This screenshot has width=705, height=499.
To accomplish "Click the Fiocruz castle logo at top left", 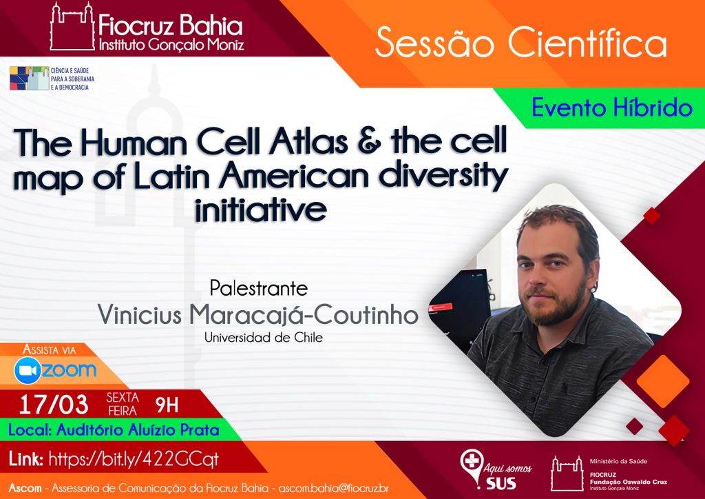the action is (x=72, y=26).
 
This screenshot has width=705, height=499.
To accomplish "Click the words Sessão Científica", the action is (x=520, y=43).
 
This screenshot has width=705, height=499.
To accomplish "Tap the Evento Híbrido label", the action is (x=612, y=108).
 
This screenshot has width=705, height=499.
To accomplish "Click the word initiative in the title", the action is (x=261, y=209).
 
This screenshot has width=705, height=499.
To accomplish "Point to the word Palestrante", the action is (x=259, y=288).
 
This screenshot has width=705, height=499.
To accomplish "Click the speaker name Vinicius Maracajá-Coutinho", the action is (x=258, y=314).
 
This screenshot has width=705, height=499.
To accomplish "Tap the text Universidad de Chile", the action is (x=264, y=338).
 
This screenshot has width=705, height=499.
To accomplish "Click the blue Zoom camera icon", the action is (x=28, y=370).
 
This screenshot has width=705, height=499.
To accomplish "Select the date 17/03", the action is (x=54, y=405).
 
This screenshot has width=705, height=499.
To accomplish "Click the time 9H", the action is (x=167, y=405).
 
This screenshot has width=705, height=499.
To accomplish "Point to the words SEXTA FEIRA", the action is (x=123, y=404).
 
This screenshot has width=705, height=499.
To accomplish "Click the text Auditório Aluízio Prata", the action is (x=138, y=430).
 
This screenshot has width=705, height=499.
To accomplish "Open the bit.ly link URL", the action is (x=134, y=460).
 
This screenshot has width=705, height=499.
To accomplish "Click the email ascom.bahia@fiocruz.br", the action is (x=334, y=488).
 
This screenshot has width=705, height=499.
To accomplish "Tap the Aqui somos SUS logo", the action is (x=496, y=470).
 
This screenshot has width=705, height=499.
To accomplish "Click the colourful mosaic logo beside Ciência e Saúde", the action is (x=29, y=79).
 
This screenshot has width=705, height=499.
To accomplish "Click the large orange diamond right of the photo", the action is (x=663, y=380).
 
